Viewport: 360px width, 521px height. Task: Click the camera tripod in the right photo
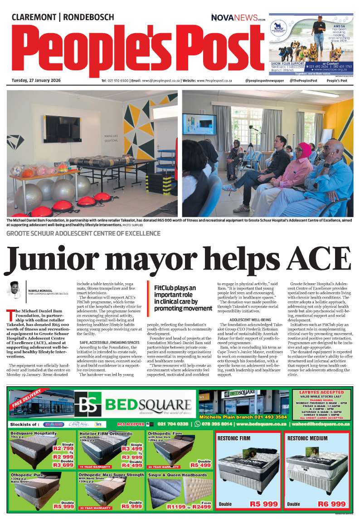(249, 154)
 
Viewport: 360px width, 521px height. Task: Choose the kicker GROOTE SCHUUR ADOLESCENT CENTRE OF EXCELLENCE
(83, 233)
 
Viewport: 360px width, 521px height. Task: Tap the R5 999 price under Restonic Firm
(263, 504)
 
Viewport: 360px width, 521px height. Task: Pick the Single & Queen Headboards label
(177, 475)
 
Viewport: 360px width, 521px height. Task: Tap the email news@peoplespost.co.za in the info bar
(155, 80)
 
